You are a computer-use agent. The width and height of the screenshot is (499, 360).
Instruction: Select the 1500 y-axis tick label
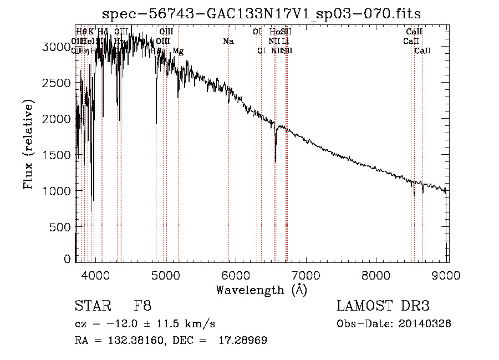56,155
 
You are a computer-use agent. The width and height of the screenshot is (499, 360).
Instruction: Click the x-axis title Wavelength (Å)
261,290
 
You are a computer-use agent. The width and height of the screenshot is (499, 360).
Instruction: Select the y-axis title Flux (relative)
28,145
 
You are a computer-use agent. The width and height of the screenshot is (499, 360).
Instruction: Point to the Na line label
228,41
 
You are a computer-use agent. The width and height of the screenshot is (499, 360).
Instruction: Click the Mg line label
178,51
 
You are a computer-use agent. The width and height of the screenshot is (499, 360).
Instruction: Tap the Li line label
285,41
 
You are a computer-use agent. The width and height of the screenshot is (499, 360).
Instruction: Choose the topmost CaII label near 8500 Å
414,32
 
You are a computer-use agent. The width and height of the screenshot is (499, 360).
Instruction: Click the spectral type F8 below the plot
142,306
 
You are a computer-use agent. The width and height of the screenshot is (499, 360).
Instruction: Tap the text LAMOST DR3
383,306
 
